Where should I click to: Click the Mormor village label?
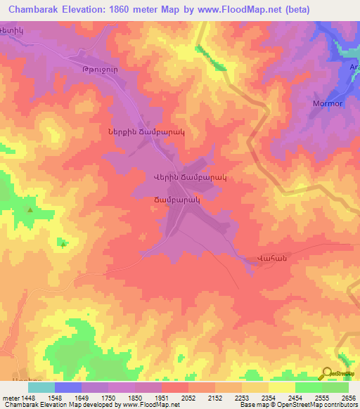point(328,103)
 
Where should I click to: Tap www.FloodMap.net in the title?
point(239,8)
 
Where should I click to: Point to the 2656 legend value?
point(347,397)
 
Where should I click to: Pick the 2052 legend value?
point(188,397)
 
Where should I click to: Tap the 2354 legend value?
point(267,397)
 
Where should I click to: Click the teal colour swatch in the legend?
point(41,387)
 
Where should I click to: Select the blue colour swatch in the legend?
point(68,387)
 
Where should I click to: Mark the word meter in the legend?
point(10,397)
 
